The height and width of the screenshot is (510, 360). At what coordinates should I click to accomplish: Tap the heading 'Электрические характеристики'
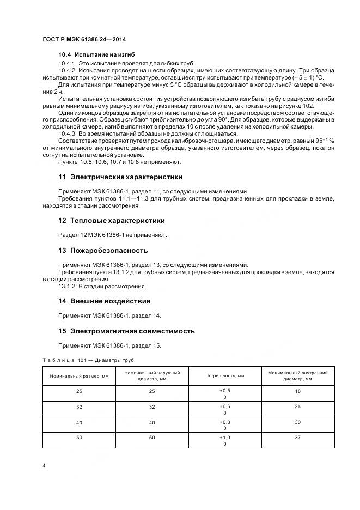pos(126,177)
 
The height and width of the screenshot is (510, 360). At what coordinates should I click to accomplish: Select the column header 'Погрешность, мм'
pos(224,376)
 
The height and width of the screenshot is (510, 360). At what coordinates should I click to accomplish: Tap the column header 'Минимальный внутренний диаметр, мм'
pos(298,375)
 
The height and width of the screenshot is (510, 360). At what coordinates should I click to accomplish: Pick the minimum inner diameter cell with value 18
pos(298,391)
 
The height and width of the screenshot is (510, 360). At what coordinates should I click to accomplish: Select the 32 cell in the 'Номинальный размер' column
pos(79,406)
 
